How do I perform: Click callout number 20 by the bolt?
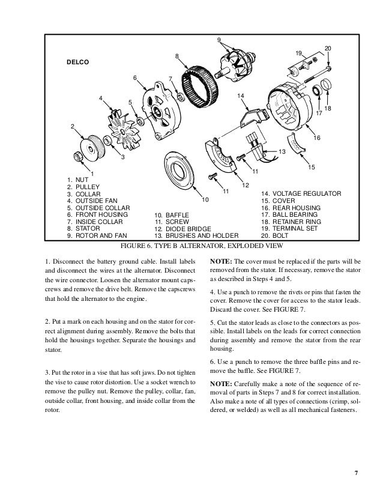click(x=328, y=47)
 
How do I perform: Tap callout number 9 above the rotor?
click(x=219, y=40)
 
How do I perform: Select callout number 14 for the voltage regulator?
click(x=240, y=96)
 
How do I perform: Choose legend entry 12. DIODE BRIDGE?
click(x=182, y=229)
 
